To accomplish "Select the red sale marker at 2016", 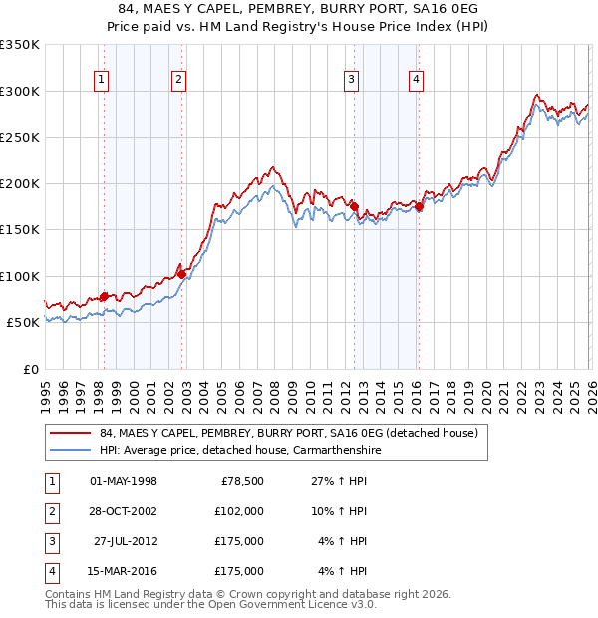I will click(419, 207).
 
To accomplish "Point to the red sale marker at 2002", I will click(181, 274).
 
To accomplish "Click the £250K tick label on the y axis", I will click(20, 138).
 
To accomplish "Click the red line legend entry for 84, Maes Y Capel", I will click(289, 433).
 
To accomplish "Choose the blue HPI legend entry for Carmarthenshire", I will click(239, 451).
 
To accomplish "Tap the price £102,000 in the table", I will click(239, 510).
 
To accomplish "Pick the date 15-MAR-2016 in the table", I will click(123, 571).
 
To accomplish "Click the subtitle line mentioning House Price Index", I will click(299, 27).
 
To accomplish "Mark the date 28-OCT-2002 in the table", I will click(123, 510).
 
